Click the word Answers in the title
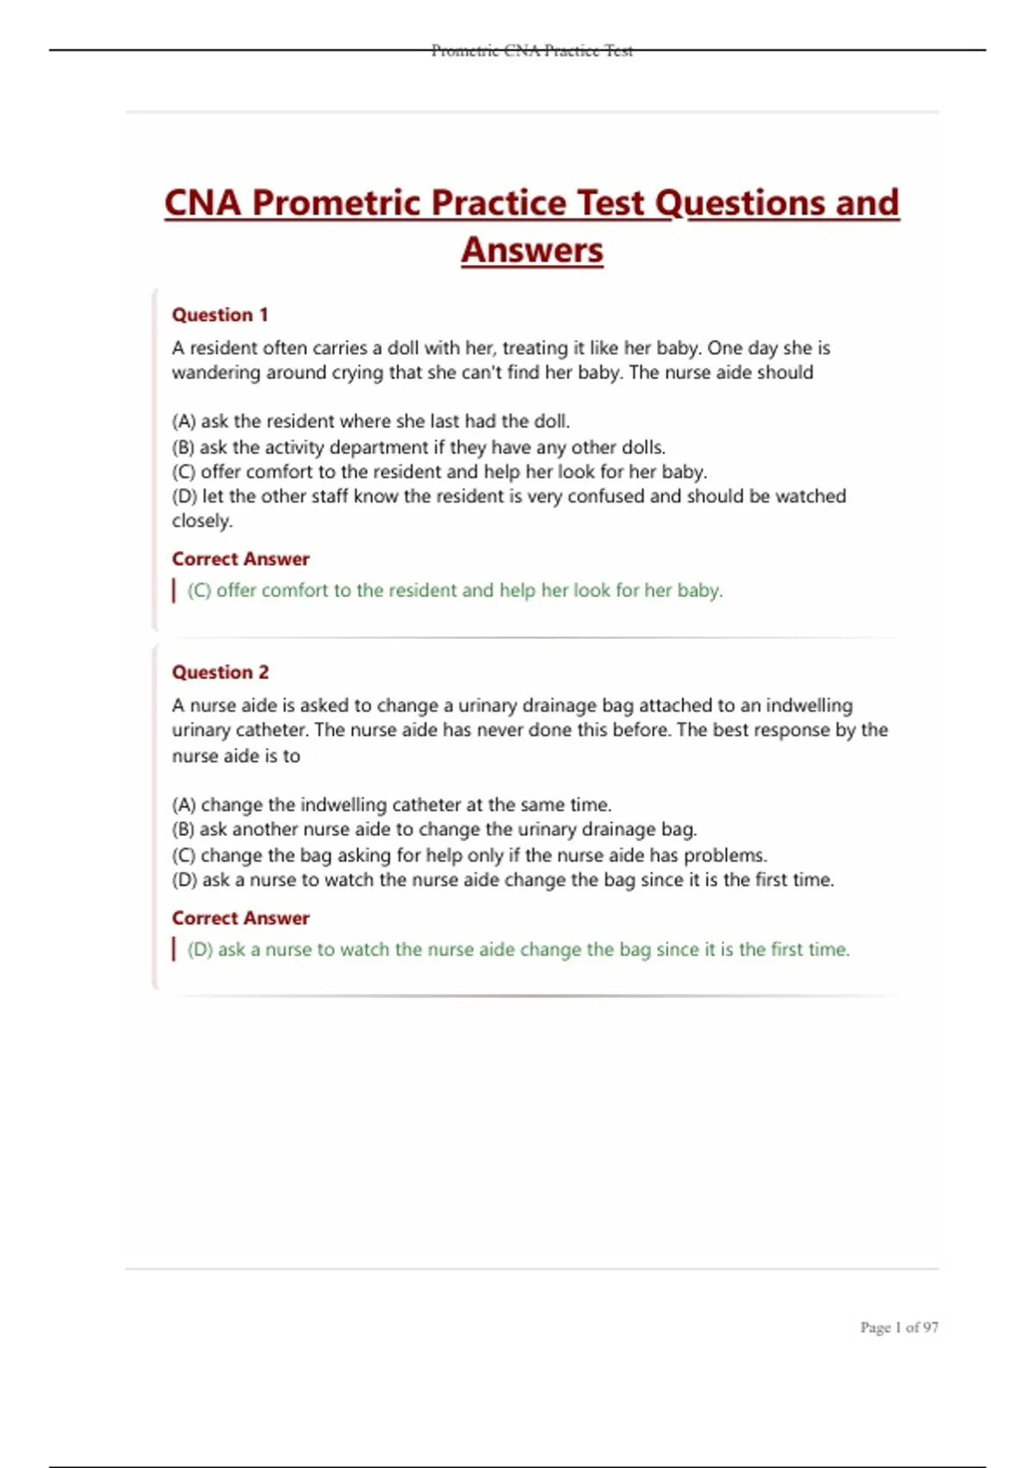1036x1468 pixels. coord(532,250)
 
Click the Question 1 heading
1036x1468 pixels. coord(220,315)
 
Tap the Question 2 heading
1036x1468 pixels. coord(220,673)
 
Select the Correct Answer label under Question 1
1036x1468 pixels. coord(240,560)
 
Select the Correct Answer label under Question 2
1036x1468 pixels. coord(240,918)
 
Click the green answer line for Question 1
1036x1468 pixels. coord(455,591)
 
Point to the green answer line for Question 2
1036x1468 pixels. coord(518,950)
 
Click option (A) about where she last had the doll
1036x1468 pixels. coord(371,421)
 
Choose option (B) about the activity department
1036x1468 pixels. coord(419,447)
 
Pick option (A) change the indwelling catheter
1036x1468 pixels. coord(392,805)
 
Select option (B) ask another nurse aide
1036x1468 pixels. coord(434,830)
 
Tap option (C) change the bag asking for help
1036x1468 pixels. coord(470,856)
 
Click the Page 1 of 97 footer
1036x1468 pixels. coord(899,1327)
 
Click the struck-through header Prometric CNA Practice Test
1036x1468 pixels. coord(532,51)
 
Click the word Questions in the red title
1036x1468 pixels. coord(739,203)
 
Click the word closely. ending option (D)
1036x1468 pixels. coord(202,521)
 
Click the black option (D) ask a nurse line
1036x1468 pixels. coord(503,881)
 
